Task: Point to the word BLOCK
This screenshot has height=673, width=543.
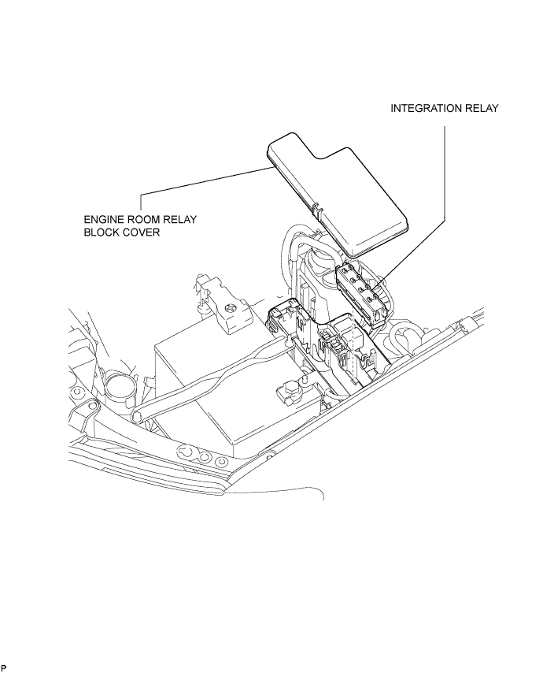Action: pyautogui.click(x=103, y=232)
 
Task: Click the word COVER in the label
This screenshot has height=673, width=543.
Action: pyautogui.click(x=142, y=232)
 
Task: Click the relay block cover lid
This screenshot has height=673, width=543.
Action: pyautogui.click(x=338, y=194)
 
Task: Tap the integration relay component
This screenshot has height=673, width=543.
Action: pyautogui.click(x=363, y=295)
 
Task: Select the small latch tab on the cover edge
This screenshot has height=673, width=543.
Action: pyautogui.click(x=318, y=212)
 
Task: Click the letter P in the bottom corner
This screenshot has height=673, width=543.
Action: pyautogui.click(x=4, y=667)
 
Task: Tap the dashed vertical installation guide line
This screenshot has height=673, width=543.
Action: pyautogui.click(x=352, y=347)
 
